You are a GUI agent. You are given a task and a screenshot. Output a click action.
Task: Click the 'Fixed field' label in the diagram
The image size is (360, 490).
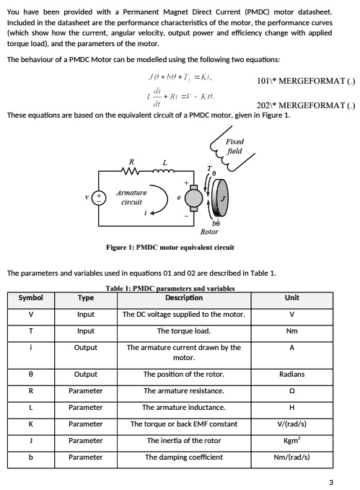pos(234,146)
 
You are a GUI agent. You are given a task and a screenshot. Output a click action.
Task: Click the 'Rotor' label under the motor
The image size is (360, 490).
pos(209,232)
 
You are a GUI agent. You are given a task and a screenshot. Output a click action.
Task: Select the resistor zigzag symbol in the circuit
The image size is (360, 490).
pos(131,172)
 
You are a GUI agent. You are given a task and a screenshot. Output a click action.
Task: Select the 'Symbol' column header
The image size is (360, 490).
pos(30,297)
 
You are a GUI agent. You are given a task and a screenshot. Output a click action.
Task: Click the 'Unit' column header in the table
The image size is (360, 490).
pos(291,297)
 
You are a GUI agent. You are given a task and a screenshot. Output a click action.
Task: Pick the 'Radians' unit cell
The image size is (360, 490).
pos(291,374)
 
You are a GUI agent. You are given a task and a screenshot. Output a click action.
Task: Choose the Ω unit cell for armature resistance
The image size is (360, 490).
pos(291,390)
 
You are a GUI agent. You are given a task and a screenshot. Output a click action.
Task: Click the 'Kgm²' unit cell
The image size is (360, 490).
pos(291,441)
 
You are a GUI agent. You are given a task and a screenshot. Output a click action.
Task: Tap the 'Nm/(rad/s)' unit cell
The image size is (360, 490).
pos(291,458)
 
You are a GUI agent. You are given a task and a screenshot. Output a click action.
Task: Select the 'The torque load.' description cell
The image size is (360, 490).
pos(184,331)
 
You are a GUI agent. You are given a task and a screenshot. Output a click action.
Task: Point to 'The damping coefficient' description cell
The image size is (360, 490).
pos(184,458)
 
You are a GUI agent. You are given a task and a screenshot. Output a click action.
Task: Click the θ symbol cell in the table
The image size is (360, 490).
pos(30,374)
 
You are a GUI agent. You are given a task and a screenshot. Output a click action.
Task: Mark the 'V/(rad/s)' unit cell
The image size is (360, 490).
pos(291,424)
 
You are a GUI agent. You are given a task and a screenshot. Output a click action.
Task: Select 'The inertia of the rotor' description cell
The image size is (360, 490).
pos(184,441)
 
